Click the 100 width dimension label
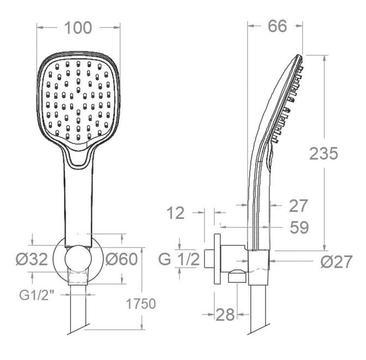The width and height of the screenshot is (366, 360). (78, 28)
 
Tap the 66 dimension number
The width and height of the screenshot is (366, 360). (277, 26)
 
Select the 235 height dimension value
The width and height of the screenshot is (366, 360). (324, 154)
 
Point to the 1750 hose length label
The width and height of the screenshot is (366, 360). (141, 304)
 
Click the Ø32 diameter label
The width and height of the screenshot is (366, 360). (32, 259)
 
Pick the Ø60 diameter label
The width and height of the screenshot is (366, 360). (122, 259)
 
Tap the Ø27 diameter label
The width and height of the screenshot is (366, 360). (336, 262)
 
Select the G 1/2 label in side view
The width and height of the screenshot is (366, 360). (179, 259)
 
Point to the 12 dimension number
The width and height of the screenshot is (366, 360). (176, 213)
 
